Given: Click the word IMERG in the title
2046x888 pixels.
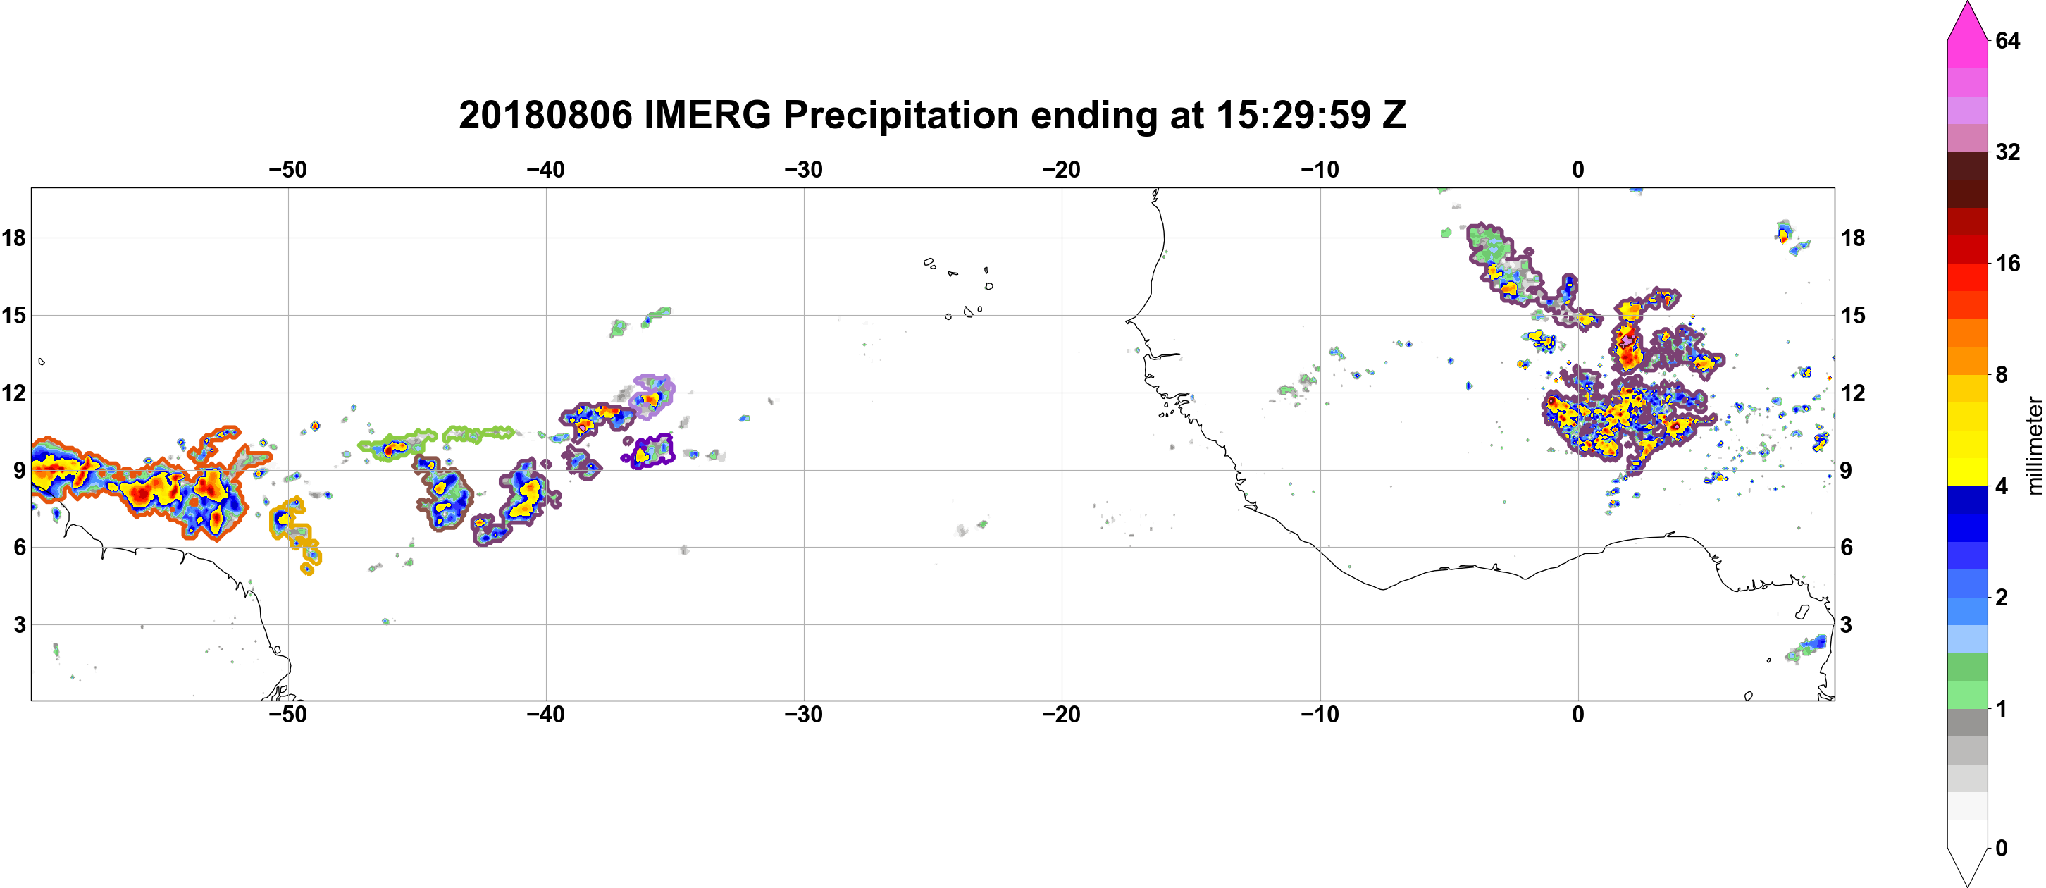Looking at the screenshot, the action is click(707, 115).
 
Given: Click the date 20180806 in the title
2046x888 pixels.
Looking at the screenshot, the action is click(545, 115).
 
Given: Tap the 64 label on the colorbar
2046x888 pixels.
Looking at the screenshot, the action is click(2008, 40).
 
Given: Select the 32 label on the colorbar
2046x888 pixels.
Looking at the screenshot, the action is click(2008, 152).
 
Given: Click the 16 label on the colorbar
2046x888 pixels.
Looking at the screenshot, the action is click(2008, 263).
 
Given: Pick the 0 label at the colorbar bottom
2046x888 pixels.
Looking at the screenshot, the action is click(2002, 849).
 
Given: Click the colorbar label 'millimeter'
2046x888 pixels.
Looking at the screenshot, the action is click(2034, 445).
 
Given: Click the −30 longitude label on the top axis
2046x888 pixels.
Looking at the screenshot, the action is click(804, 169).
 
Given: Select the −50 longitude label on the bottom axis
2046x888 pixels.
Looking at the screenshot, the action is click(287, 714).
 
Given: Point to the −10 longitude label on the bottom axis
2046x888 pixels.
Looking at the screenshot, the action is click(1320, 714).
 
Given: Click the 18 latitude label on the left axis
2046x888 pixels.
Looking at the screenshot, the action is click(13, 238).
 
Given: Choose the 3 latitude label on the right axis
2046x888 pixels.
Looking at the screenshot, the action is click(1846, 624).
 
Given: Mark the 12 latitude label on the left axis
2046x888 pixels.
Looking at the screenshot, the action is click(13, 393).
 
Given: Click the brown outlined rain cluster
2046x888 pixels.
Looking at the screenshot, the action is click(442, 493).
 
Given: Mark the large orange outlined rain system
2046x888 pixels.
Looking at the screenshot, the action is click(143, 484).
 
